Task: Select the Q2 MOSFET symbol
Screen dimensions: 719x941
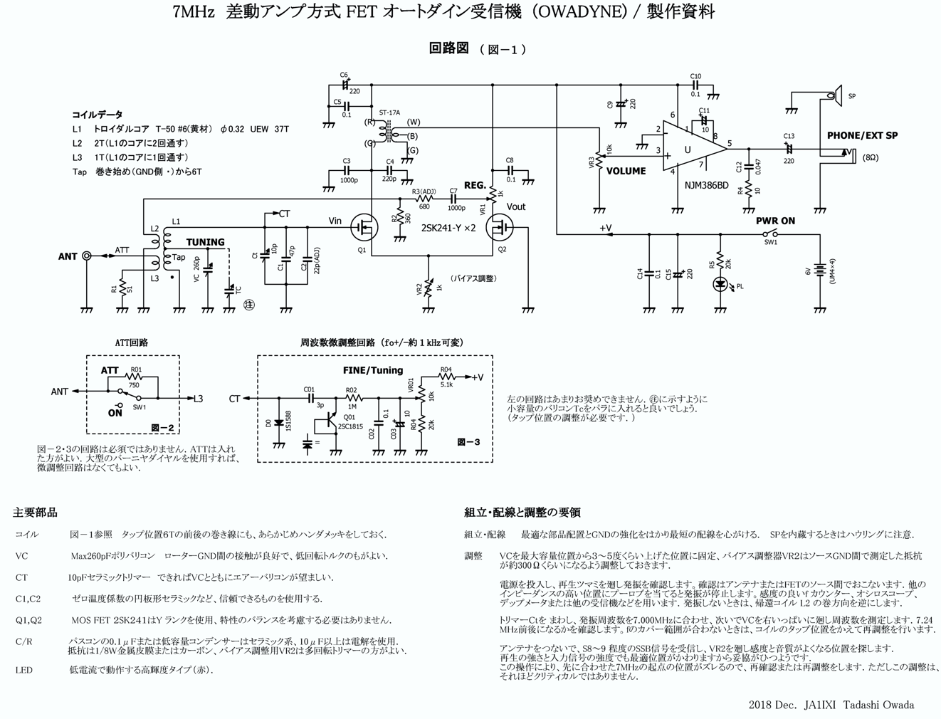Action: (x=499, y=228)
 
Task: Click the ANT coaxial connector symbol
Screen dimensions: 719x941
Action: (x=87, y=256)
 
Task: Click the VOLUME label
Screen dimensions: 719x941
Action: (x=626, y=171)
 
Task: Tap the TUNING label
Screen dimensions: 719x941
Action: (x=205, y=242)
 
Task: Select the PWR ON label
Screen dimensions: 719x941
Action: (x=775, y=221)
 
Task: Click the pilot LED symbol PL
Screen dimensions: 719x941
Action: (x=720, y=284)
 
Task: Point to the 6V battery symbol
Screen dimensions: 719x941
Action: (x=820, y=271)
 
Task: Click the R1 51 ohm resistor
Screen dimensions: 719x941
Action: (x=122, y=288)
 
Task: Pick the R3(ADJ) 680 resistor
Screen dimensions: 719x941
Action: (x=424, y=199)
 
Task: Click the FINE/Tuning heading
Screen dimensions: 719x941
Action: (x=372, y=370)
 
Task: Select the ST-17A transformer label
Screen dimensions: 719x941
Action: (x=389, y=112)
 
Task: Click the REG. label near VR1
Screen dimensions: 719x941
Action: (x=475, y=185)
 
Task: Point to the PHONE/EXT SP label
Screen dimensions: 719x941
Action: (x=862, y=135)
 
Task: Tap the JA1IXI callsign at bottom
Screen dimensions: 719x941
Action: (x=819, y=705)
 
